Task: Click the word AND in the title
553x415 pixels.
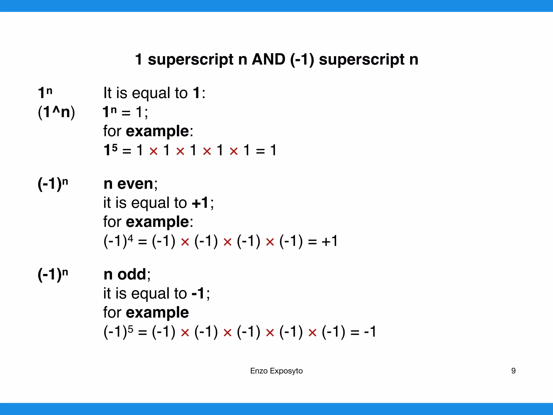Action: click(x=268, y=59)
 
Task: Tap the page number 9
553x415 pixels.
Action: click(x=513, y=371)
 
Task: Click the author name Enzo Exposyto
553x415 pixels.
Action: click(x=276, y=371)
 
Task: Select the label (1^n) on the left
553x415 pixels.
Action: click(x=56, y=112)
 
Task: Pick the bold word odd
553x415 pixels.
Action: click(x=131, y=275)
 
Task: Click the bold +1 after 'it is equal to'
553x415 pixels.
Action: click(x=200, y=203)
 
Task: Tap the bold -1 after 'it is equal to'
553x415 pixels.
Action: click(x=198, y=293)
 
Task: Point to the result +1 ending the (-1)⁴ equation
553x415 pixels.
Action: click(x=329, y=241)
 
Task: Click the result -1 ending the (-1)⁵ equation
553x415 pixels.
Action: click(x=370, y=332)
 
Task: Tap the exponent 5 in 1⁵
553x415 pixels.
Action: click(x=115, y=148)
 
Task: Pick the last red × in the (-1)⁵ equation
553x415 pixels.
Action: click(x=312, y=333)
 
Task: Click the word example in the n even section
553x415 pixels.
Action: click(x=157, y=222)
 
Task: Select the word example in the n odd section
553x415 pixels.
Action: click(x=157, y=313)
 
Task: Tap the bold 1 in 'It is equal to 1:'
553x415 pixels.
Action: click(x=197, y=93)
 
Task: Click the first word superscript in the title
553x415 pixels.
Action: click(x=190, y=59)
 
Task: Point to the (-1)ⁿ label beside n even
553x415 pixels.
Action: click(x=53, y=184)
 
